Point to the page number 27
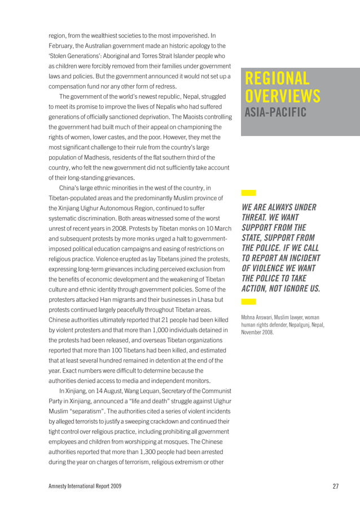pos(336,486)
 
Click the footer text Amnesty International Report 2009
pos(85,486)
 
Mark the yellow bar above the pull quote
pos(248,193)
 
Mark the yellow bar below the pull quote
pos(248,302)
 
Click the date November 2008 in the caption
pos(258,332)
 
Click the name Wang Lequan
pos(126,391)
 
